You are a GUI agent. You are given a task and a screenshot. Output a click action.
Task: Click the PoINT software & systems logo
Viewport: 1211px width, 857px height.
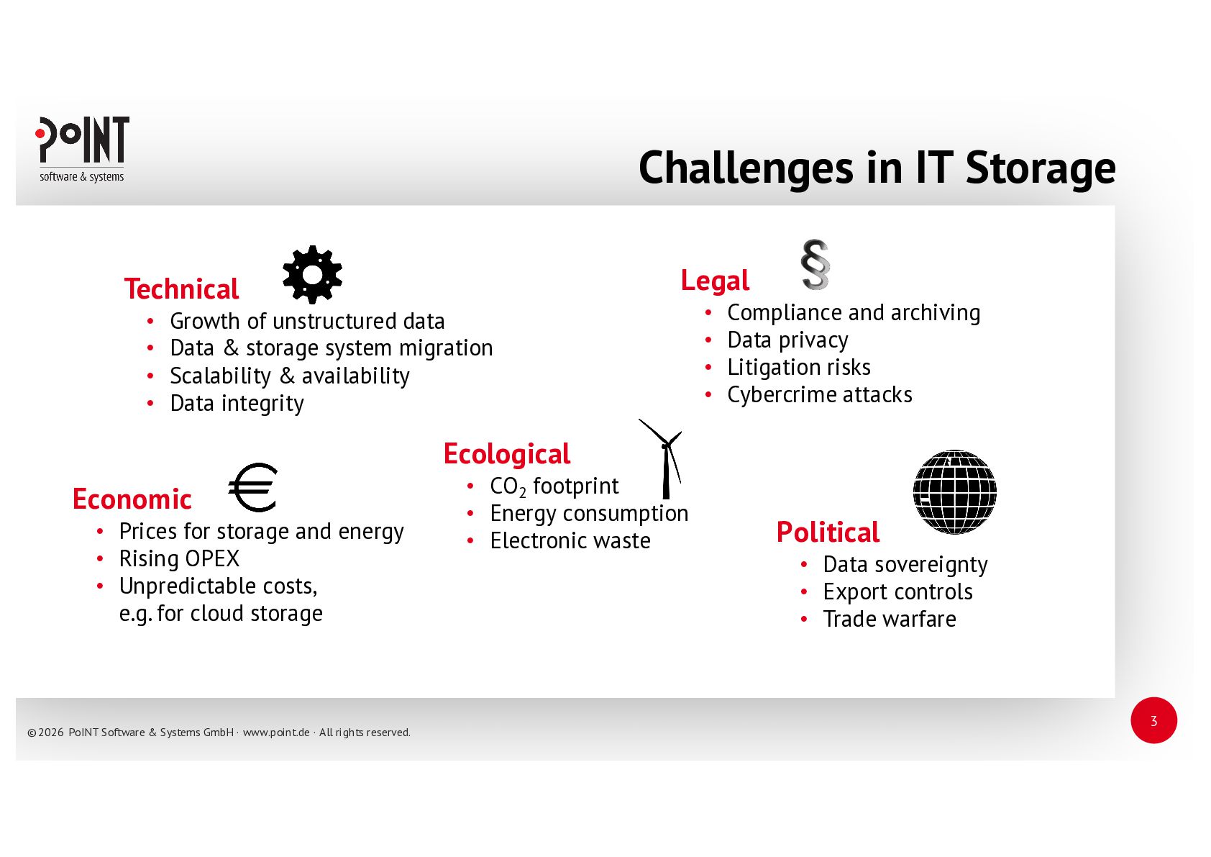click(x=82, y=149)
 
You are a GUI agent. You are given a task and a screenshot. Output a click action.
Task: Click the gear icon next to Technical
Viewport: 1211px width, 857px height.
click(x=312, y=274)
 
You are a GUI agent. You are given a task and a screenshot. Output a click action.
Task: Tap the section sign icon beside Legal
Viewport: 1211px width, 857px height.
click(x=815, y=265)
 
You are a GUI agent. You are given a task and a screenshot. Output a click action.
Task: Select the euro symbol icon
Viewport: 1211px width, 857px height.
click(x=253, y=487)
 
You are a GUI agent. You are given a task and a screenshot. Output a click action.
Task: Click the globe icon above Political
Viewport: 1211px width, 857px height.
click(x=954, y=492)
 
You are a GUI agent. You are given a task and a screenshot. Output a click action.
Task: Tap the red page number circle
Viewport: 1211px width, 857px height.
click(x=1153, y=720)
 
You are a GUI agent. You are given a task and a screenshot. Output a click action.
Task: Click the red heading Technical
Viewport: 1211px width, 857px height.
click(x=181, y=289)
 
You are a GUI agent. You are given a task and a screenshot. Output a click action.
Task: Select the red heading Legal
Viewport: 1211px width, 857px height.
click(x=715, y=281)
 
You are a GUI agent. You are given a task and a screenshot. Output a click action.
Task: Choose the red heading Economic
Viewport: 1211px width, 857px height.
click(x=132, y=499)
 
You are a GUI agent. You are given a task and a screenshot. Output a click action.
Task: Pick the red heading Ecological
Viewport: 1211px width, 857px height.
click(x=507, y=455)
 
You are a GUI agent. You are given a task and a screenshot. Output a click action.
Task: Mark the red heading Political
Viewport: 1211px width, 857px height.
click(x=828, y=532)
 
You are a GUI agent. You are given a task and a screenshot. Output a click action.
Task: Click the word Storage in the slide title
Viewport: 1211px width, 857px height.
click(x=1040, y=168)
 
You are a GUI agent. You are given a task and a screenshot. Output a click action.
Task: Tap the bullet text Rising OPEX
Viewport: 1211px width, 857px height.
click(x=179, y=558)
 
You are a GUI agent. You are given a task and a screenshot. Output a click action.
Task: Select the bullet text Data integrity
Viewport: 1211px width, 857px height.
click(x=237, y=403)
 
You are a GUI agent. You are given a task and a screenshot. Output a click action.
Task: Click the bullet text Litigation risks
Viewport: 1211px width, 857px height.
click(x=799, y=367)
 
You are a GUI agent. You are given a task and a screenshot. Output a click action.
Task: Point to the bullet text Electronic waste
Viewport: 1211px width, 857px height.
click(x=570, y=540)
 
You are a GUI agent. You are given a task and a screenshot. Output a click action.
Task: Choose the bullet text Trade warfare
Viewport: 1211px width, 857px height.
click(x=890, y=619)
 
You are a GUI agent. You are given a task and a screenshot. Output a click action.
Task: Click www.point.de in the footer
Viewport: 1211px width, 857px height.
click(x=276, y=733)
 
